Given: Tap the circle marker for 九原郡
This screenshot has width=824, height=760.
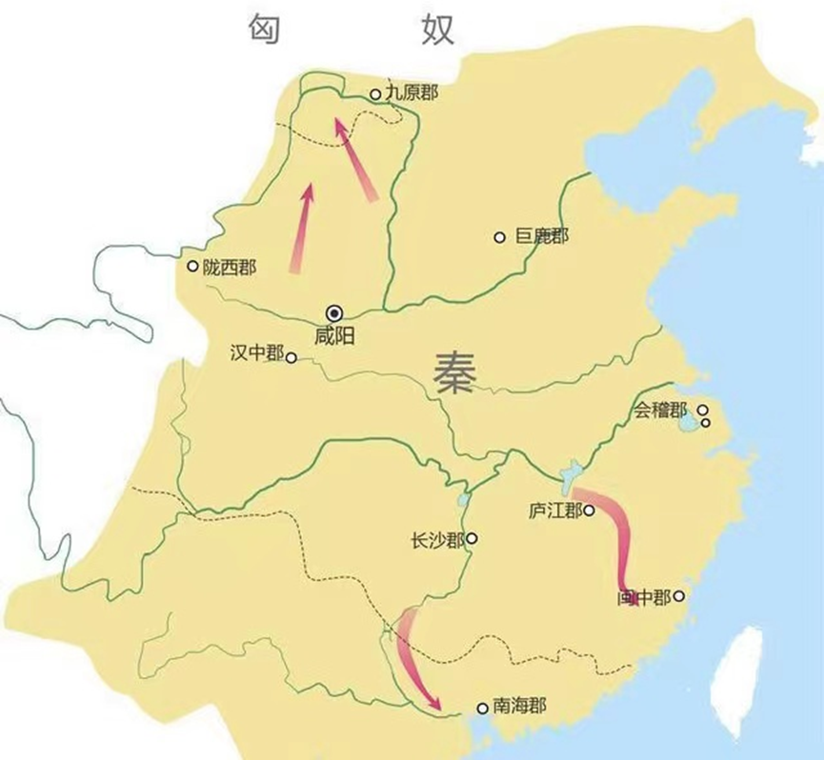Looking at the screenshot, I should (375, 94).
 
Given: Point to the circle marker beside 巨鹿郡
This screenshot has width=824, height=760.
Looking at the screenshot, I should (499, 237).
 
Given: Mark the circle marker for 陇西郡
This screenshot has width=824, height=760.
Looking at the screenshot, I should (193, 267).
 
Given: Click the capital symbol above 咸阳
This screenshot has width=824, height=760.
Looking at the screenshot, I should (334, 311).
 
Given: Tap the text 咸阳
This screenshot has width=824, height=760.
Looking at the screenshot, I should (333, 335).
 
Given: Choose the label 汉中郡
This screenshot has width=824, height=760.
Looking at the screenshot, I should (257, 353).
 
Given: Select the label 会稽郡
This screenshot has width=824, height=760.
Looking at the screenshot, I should (660, 412).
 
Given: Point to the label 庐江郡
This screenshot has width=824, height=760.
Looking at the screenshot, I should (554, 510).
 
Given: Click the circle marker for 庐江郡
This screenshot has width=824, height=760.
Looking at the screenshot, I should (590, 510).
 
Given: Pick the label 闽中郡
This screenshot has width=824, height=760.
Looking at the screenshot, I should (643, 598).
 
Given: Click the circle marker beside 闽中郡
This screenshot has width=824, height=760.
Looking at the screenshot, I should (679, 597).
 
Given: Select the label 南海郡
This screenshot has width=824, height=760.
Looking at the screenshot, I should (519, 707).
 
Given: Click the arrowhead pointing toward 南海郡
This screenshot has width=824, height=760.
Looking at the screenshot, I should (436, 705).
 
